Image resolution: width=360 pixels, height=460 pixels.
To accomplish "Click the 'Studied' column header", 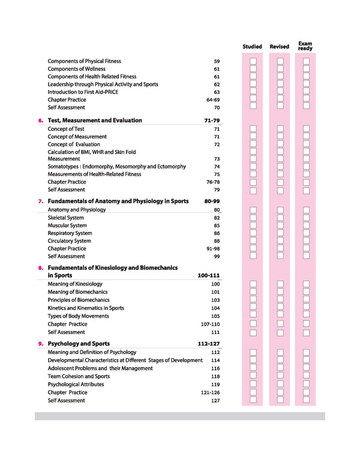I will click(252, 46).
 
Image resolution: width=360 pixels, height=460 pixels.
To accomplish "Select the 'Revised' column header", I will click(279, 46).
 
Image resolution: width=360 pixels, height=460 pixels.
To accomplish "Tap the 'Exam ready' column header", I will click(305, 46).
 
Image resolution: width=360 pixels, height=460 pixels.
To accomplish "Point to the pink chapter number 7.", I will click(40, 202).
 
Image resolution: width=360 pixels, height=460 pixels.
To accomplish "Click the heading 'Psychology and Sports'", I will click(79, 344).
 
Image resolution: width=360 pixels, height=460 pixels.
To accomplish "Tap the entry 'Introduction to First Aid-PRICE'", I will click(92, 92).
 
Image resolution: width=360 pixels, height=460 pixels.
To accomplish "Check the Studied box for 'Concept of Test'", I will click(253, 129).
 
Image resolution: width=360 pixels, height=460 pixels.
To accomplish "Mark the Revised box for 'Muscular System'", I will click(280, 226).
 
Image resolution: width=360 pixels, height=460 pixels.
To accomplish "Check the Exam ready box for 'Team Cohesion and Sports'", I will click(306, 377).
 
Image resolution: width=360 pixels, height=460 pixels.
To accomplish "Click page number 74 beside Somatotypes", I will click(217, 167).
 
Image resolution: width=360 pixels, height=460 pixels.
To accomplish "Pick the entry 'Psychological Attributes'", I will click(76, 384).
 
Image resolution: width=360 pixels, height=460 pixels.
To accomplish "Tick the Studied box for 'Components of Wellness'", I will click(253, 69).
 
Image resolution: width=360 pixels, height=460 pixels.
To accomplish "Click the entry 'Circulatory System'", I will click(70, 241).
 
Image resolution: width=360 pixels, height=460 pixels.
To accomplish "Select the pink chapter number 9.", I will click(40, 344).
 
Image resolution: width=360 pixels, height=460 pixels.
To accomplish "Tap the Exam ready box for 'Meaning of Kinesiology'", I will click(306, 284).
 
